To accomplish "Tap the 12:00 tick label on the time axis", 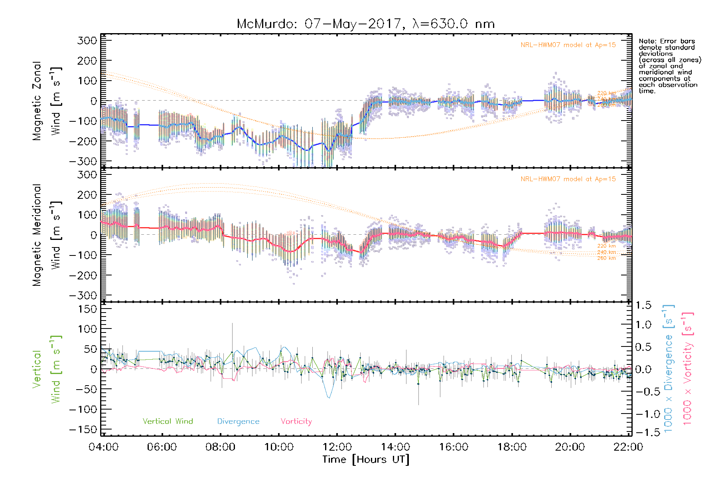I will pyautogui.click(x=337, y=447).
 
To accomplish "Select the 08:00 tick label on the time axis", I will pyautogui.click(x=220, y=447).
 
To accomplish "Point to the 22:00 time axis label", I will pyautogui.click(x=628, y=447).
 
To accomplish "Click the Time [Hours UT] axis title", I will pyautogui.click(x=366, y=459).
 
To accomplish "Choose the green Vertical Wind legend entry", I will pyautogui.click(x=168, y=422).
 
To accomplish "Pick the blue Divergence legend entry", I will pyautogui.click(x=238, y=422).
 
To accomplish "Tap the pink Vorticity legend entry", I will pyautogui.click(x=296, y=422).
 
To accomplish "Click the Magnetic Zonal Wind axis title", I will pyautogui.click(x=47, y=101).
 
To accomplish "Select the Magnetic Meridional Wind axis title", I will pyautogui.click(x=47, y=235).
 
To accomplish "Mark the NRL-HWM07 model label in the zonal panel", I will pyautogui.click(x=568, y=45).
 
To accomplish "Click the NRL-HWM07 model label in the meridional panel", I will pyautogui.click(x=568, y=179).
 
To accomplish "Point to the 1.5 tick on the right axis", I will pyautogui.click(x=643, y=305).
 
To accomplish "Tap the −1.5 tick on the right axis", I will pyautogui.click(x=642, y=433).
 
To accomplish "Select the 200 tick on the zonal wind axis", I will pyautogui.click(x=87, y=61).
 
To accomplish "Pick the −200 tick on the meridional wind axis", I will pyautogui.click(x=83, y=275).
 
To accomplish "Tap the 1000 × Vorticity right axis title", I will pyautogui.click(x=688, y=369).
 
